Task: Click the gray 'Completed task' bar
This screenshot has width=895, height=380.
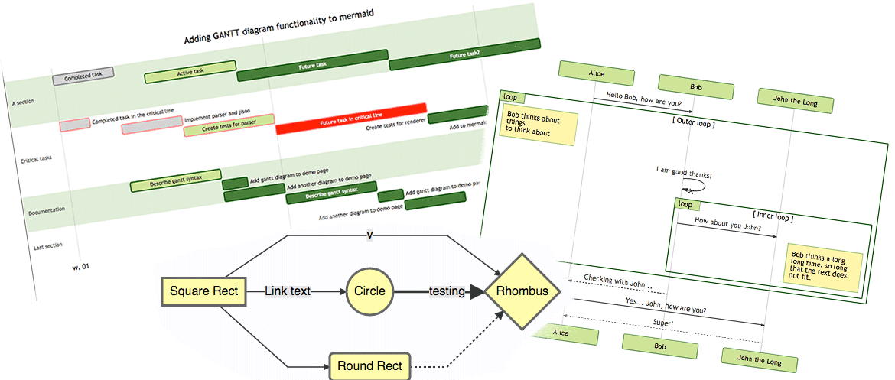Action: [83, 75]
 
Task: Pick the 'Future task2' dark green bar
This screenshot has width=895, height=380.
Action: [464, 55]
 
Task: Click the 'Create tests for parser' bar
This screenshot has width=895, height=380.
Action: [228, 126]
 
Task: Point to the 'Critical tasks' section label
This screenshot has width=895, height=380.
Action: [36, 159]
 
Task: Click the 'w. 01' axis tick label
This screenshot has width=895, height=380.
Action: [80, 267]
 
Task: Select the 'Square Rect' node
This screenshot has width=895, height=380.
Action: [203, 291]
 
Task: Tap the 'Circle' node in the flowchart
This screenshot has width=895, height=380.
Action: [369, 291]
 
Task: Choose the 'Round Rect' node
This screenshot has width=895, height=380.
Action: [370, 366]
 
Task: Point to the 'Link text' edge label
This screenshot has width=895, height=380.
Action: [287, 291]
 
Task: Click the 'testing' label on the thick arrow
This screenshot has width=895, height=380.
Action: [447, 291]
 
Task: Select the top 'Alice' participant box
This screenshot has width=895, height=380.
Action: [596, 74]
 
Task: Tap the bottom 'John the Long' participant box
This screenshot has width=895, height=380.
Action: [760, 359]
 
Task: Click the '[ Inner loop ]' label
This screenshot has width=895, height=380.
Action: [773, 216]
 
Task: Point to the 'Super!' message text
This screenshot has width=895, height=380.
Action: [662, 323]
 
